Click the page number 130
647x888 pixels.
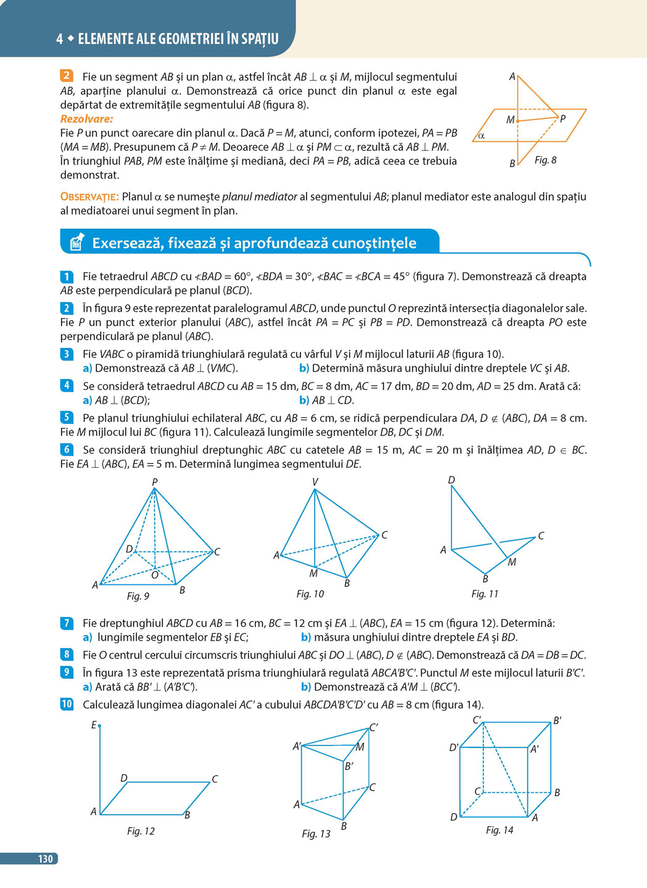pyautogui.click(x=46, y=858)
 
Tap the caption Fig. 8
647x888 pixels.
pyautogui.click(x=545, y=160)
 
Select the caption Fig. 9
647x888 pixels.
pyautogui.click(x=138, y=596)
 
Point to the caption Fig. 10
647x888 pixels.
pyautogui.click(x=310, y=594)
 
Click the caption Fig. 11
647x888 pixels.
pyautogui.click(x=485, y=594)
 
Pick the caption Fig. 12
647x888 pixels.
pyautogui.click(x=141, y=831)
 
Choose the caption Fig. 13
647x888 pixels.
pyautogui.click(x=316, y=834)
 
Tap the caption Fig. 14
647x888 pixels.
pyautogui.click(x=500, y=830)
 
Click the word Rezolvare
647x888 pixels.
pyautogui.click(x=86, y=119)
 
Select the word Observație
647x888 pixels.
pyautogui.click(x=89, y=197)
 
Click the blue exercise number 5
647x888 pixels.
pyautogui.click(x=67, y=418)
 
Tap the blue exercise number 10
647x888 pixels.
pyautogui.click(x=67, y=704)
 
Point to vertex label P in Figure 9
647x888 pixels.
pyautogui.click(x=155, y=481)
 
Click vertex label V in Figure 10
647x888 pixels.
pyautogui.click(x=315, y=482)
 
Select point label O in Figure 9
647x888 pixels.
pyautogui.click(x=155, y=575)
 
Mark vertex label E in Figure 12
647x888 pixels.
pyautogui.click(x=94, y=725)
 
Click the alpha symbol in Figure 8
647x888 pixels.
pyautogui.click(x=481, y=136)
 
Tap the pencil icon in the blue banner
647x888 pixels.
pyautogui.click(x=76, y=243)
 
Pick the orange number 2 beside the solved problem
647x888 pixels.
pyautogui.click(x=67, y=77)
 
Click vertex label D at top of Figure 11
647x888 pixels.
pyautogui.click(x=451, y=479)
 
